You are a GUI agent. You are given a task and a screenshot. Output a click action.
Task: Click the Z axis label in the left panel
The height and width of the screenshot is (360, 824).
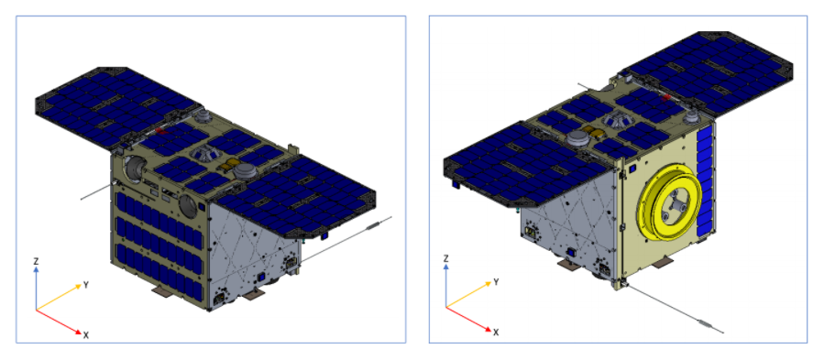click(37, 261)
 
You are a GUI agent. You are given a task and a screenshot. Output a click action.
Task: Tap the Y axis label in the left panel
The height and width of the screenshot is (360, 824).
click(85, 286)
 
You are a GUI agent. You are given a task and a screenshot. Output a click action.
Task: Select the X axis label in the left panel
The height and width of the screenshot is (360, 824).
click(85, 334)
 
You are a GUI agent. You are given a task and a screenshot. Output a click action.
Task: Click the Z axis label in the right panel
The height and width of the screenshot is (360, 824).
click(446, 258)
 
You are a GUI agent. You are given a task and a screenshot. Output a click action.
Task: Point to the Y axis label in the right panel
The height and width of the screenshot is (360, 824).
click(495, 283)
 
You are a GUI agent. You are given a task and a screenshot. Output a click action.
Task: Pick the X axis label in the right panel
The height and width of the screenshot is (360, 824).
click(496, 332)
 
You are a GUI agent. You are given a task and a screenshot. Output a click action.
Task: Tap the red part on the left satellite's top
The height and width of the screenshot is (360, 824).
click(160, 131)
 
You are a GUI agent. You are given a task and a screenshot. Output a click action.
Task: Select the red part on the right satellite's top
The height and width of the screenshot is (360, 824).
click(665, 98)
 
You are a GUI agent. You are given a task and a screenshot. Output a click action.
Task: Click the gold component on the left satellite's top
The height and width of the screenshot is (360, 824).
click(227, 167)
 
